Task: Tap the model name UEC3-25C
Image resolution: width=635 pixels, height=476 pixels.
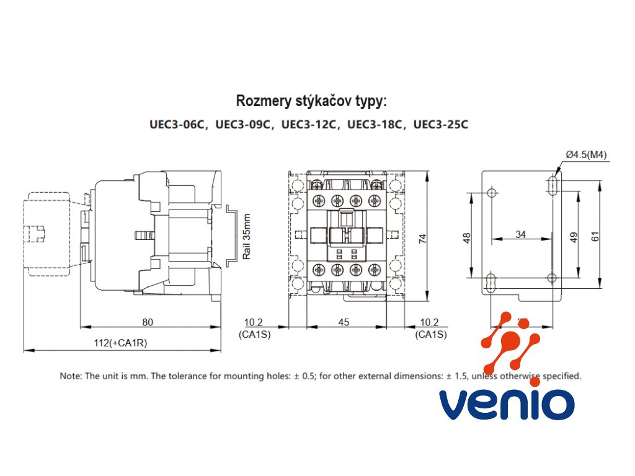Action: point(440,125)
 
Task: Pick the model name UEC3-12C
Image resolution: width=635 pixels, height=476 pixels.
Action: point(309,125)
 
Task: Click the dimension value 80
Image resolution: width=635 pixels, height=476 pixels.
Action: point(148,322)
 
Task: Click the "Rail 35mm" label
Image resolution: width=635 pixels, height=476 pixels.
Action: point(247,237)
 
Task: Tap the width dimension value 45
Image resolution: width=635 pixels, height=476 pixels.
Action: point(344,322)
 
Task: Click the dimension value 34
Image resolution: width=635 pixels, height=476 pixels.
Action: point(521,234)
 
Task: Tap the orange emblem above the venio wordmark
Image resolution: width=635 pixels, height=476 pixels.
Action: point(510,343)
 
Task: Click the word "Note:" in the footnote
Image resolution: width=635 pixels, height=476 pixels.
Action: point(70,376)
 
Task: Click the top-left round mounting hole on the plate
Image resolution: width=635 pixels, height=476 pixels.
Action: point(492,193)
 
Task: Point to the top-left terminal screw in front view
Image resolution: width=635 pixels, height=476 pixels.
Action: point(318,201)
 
